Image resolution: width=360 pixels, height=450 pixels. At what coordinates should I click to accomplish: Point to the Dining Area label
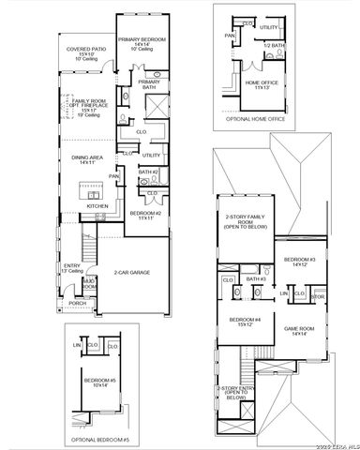pos(91,159)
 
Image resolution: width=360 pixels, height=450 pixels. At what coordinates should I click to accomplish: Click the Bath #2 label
pos(146,172)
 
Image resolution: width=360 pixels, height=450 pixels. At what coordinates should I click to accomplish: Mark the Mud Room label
pos(89,282)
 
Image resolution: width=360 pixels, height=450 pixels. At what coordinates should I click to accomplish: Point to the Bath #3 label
pos(256,278)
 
